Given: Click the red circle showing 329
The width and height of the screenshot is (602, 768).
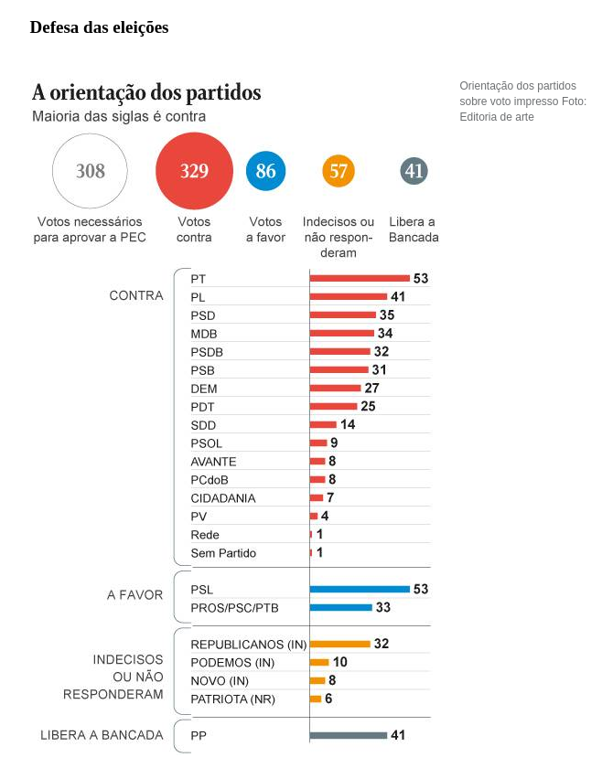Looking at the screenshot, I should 194,171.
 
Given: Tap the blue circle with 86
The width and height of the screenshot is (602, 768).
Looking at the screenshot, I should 265,171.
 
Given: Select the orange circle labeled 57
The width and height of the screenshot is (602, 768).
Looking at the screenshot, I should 339,171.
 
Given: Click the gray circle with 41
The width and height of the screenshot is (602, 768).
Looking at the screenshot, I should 414,171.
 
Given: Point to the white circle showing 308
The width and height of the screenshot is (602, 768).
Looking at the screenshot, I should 91,171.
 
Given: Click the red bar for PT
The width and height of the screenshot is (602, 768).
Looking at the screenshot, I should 360,278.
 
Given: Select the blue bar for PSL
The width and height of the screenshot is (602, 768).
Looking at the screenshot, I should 360,589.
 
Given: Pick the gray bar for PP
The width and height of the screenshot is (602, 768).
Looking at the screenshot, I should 349,735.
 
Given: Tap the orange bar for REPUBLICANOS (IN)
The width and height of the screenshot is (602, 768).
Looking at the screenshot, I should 339,644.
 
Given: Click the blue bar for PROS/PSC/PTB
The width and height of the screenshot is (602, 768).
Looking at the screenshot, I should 340,607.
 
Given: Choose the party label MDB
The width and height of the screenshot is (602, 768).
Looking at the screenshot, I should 204,334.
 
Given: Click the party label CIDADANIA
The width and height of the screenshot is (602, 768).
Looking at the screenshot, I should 223,498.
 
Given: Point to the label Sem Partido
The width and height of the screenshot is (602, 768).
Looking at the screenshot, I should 223,553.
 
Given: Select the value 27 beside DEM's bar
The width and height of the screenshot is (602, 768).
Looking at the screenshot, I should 371,388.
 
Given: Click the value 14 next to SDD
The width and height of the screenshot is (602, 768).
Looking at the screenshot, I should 348,424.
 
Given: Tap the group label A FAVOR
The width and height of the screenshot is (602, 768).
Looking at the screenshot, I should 135,595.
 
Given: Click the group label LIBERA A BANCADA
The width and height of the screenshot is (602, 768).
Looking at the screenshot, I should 102,735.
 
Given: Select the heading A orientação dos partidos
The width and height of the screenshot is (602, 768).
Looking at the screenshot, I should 146,92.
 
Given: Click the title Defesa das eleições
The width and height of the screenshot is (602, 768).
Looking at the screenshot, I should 99,27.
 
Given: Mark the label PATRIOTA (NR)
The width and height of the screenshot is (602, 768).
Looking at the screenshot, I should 232,699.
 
